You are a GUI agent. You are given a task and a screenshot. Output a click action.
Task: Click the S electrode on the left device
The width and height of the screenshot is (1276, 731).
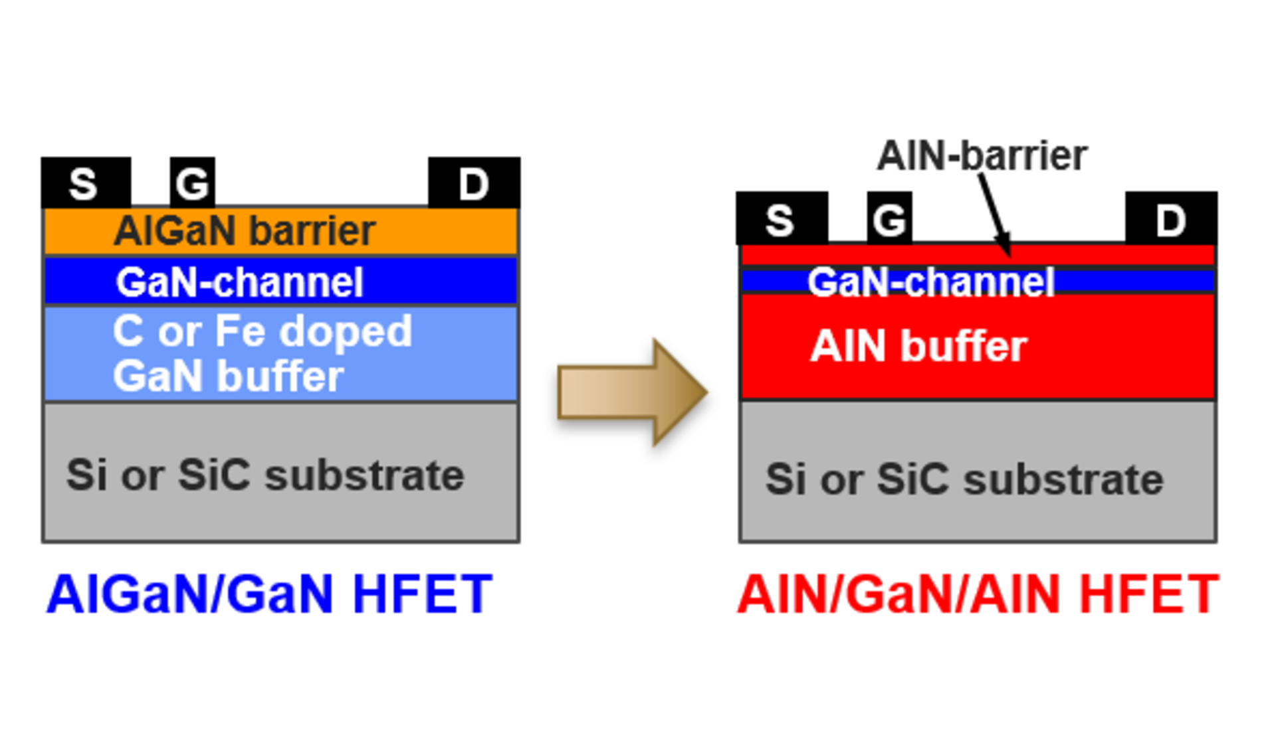[86, 183]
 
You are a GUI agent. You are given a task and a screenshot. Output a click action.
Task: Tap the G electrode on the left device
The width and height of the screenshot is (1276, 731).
[193, 183]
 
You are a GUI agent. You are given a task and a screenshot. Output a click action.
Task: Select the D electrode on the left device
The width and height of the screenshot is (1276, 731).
[474, 183]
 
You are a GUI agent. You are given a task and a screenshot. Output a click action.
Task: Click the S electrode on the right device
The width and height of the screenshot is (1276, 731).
[782, 218]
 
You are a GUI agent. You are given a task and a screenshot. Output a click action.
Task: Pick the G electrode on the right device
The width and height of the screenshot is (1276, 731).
[889, 218]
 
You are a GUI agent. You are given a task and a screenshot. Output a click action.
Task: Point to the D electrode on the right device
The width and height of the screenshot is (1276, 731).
[1171, 218]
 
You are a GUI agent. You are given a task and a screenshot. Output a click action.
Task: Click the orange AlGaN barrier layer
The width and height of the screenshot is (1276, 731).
[280, 231]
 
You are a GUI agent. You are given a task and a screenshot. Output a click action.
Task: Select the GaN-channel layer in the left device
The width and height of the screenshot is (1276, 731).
[280, 282]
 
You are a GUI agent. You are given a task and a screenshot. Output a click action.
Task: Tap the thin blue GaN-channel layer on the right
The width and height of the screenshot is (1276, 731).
[978, 282]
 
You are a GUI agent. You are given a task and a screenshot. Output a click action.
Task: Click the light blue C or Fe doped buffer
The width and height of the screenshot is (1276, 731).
[280, 353]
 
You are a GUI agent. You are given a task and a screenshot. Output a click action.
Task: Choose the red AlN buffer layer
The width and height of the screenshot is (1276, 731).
[978, 346]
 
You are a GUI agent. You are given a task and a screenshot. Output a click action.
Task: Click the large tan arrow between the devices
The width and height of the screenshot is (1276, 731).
[632, 392]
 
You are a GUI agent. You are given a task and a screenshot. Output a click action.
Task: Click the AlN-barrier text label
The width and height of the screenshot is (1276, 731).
[982, 156]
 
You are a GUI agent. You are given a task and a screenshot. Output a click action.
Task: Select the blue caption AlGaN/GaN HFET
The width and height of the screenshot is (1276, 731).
[269, 594]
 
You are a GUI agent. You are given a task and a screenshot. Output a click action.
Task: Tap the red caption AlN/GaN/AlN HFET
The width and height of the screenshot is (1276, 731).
[978, 594]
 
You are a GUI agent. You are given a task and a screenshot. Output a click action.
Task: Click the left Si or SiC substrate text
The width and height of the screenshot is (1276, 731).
[265, 475]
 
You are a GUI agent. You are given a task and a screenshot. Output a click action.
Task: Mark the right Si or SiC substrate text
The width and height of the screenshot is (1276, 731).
[964, 479]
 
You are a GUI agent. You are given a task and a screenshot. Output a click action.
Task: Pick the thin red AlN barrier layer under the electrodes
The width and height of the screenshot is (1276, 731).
[978, 254]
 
